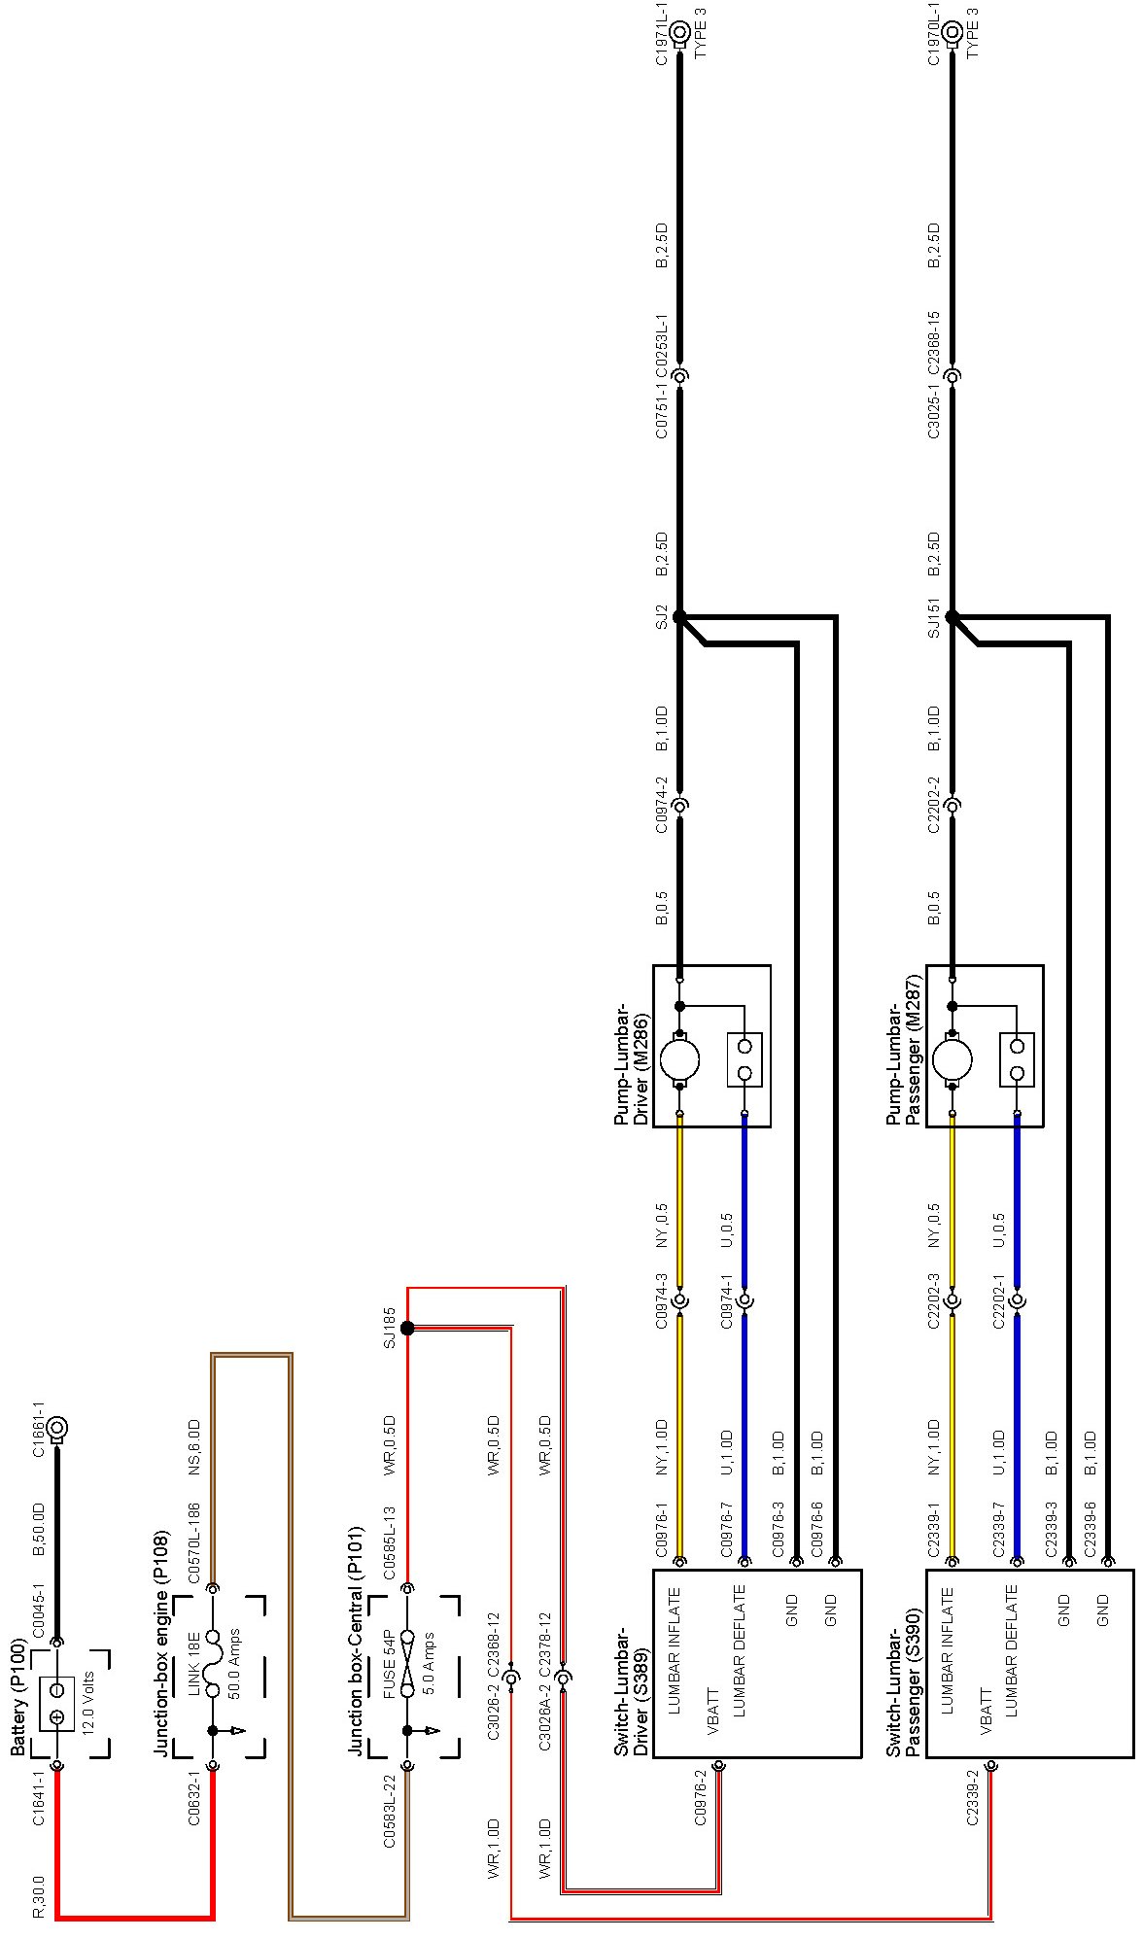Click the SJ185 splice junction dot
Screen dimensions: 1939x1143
pos(407,1328)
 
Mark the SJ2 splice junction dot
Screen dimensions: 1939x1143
pos(679,616)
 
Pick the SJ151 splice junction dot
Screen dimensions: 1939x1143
pos(952,616)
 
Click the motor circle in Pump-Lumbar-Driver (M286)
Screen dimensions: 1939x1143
pos(679,1059)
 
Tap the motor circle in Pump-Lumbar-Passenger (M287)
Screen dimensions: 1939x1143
pos(952,1059)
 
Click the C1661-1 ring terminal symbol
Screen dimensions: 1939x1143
pos(57,1428)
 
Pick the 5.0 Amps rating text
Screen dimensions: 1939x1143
pos(429,1660)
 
